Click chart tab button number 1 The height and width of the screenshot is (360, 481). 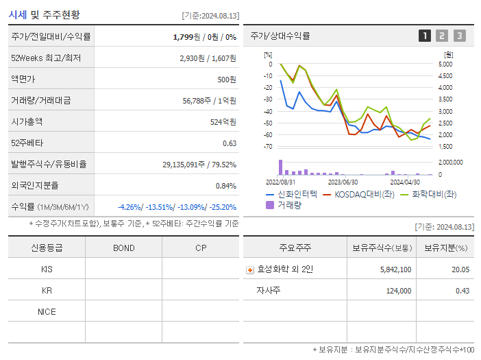[425, 36]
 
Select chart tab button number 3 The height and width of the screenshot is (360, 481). [459, 36]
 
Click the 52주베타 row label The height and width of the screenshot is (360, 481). [27, 143]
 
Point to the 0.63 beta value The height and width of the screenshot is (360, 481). [229, 143]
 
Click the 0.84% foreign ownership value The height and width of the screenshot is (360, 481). [225, 185]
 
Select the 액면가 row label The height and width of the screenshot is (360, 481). [23, 79]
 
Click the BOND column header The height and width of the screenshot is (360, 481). [123, 248]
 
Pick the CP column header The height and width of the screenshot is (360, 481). [201, 248]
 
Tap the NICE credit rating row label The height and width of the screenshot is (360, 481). [47, 311]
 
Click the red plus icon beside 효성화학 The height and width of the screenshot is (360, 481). [250, 269]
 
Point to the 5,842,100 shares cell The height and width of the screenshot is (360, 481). [395, 269]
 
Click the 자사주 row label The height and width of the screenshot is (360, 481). [269, 291]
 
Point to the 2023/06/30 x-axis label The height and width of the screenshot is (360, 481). [343, 182]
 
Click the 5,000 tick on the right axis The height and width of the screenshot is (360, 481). [445, 64]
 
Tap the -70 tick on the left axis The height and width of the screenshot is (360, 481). [267, 147]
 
